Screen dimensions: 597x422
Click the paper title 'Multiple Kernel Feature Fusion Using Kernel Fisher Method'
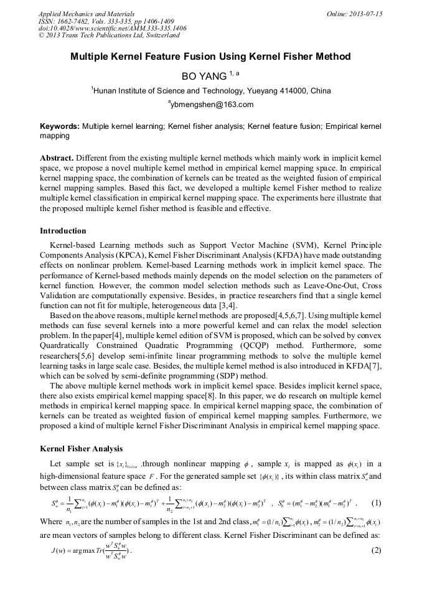(210, 57)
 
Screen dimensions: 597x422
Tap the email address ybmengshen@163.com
(211, 105)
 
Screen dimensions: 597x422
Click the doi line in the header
(112, 29)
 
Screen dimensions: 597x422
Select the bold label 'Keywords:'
(60, 126)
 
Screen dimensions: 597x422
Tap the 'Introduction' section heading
(63, 231)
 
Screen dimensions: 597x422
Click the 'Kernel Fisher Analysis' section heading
(81, 448)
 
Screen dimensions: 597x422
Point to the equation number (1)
(375, 503)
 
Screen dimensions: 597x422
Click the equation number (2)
(375, 550)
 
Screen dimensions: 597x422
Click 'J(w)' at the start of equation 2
(61, 550)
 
